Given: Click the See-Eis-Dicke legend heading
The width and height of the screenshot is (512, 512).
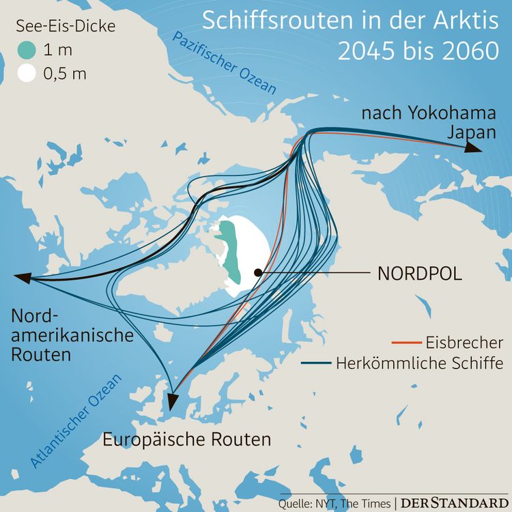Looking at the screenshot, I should [66, 27].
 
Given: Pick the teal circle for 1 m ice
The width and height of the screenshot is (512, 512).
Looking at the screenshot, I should [27, 50].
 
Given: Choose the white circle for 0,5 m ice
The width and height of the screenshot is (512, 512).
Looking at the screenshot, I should [27, 73].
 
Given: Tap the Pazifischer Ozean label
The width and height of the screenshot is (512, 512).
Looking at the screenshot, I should [225, 63].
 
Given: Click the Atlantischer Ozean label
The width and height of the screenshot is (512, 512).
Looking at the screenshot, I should [76, 421].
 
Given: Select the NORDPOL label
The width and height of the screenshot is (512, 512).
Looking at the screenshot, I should [419, 274].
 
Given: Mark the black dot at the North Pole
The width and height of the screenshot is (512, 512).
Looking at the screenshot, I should [258, 272].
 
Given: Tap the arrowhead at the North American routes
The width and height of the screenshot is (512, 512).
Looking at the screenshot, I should [23, 277].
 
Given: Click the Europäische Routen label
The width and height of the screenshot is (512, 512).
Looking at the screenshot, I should [187, 439].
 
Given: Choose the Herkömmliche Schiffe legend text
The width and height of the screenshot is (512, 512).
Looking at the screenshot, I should [419, 363].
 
